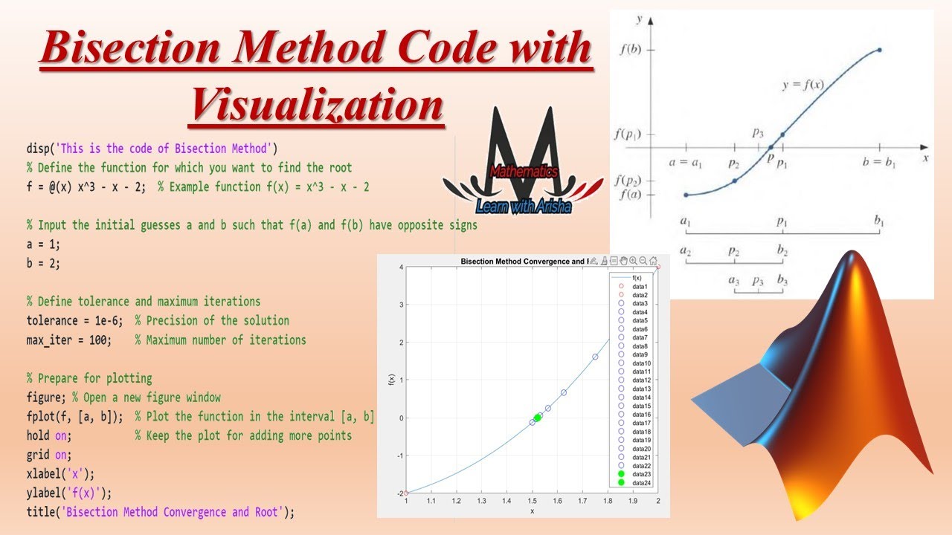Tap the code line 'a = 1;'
pyautogui.click(x=45, y=244)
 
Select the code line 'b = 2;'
pyautogui.click(x=45, y=263)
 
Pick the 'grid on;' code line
pyautogui.click(x=49, y=455)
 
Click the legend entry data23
pyautogui.click(x=641, y=474)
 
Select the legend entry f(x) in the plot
pyautogui.click(x=637, y=278)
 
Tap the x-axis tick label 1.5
pyautogui.click(x=532, y=502)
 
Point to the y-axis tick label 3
pyautogui.click(x=400, y=305)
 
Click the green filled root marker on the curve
pyautogui.click(x=537, y=418)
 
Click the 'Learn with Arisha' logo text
pyautogui.click(x=524, y=206)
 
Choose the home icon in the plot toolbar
pyautogui.click(x=653, y=261)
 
